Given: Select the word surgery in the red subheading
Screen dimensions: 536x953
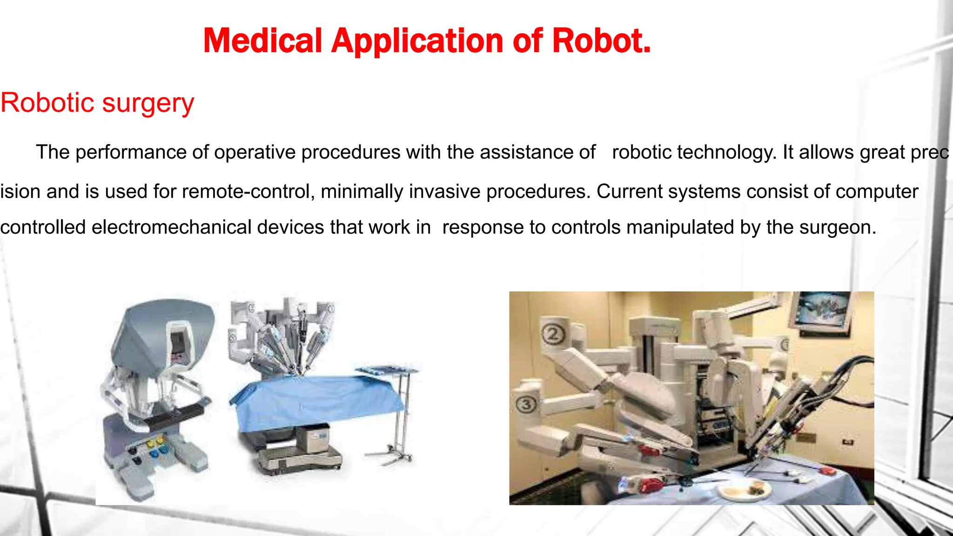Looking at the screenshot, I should click(x=148, y=103).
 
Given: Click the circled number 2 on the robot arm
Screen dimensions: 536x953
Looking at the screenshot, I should click(x=553, y=334).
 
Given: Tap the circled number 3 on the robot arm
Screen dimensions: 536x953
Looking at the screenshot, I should click(x=526, y=404).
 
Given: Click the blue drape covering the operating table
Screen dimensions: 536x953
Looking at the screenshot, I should click(x=316, y=400).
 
